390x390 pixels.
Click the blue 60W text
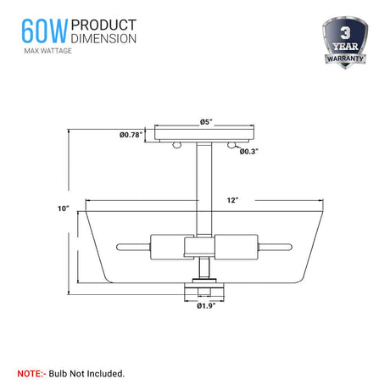44,31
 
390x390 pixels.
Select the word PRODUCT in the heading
103,25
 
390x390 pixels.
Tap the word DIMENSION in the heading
103,38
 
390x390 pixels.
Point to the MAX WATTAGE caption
48,51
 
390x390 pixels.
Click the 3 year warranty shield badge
345,42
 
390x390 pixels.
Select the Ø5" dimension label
206,122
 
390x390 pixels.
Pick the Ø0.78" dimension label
130,135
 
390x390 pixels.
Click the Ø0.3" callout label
249,152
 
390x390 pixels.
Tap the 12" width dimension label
232,200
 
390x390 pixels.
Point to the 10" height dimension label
64,209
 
